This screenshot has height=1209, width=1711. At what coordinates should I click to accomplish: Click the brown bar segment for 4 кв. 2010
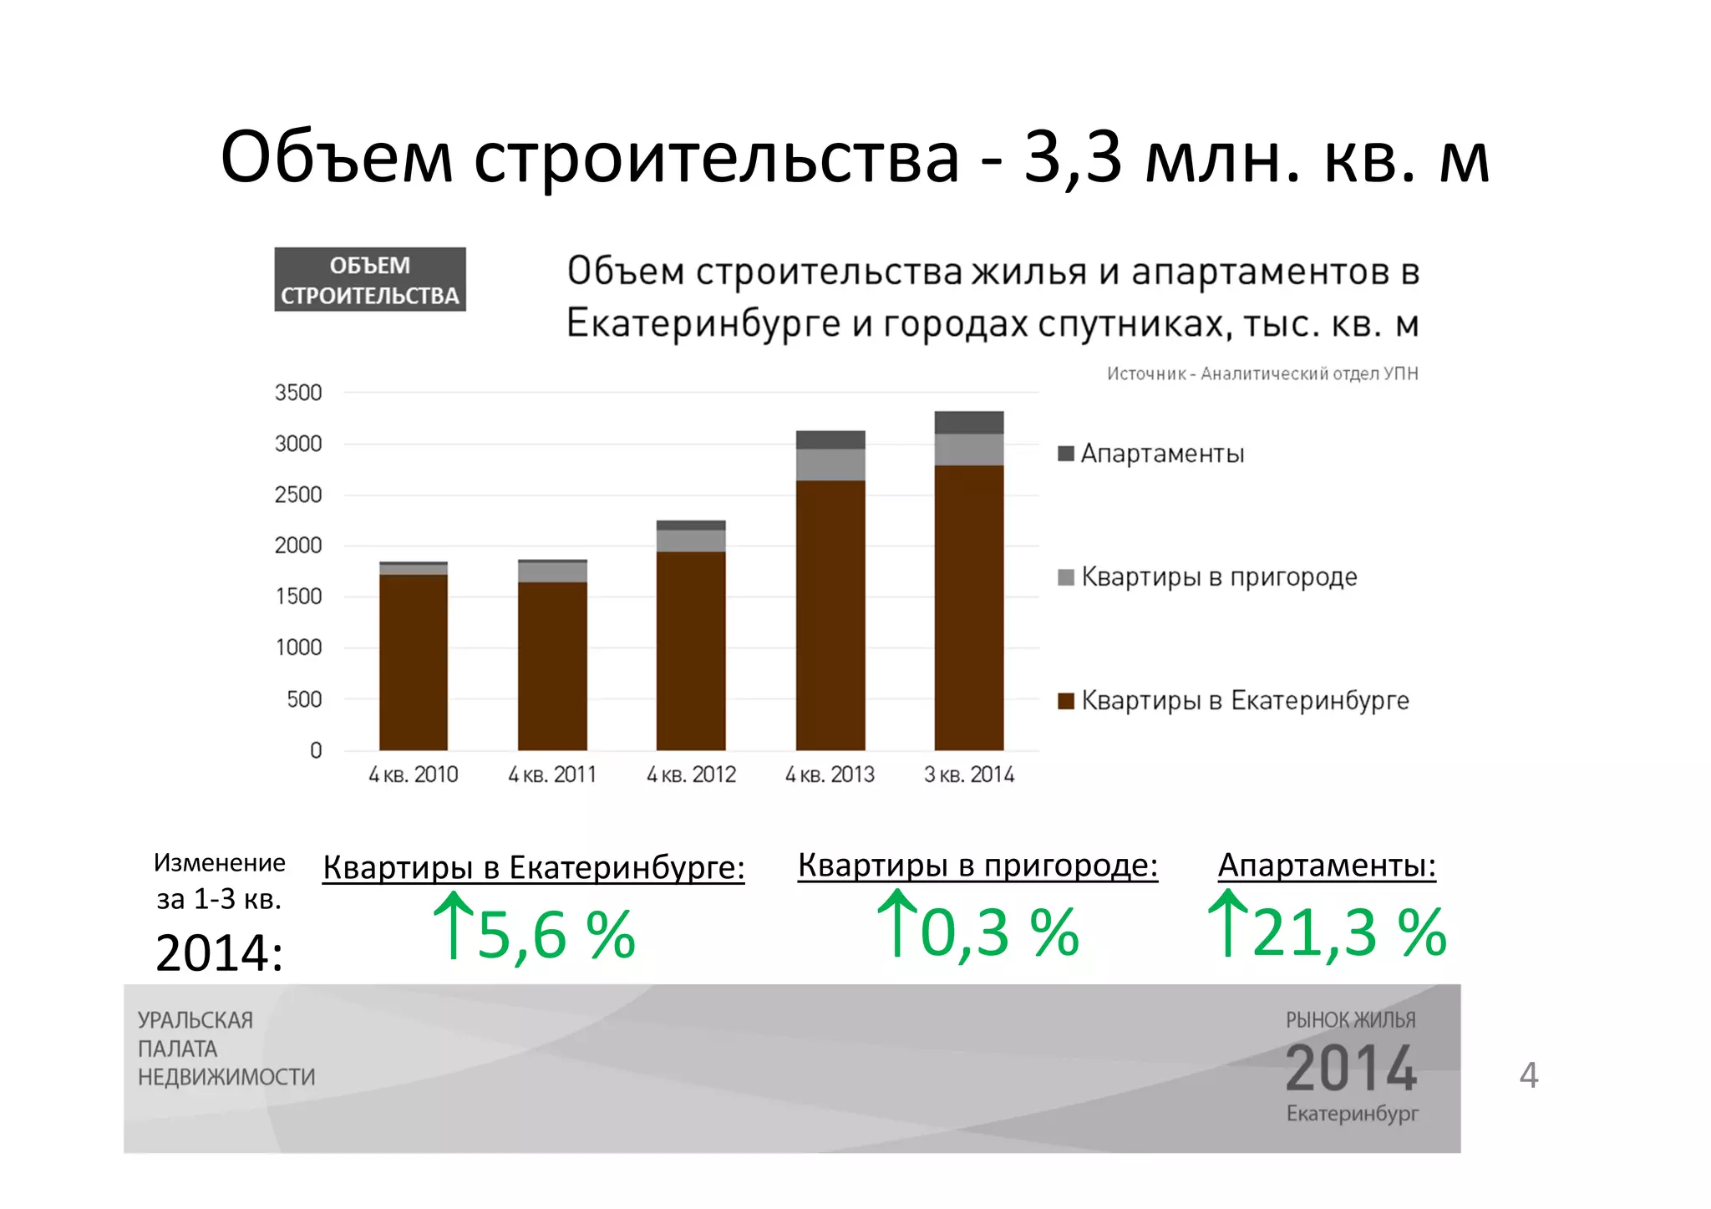tap(414, 662)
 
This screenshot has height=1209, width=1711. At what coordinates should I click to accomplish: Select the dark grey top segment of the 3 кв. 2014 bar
tap(969, 422)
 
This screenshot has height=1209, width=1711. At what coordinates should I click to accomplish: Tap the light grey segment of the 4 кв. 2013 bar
tap(830, 465)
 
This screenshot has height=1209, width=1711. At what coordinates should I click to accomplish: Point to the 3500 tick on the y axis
tap(298, 393)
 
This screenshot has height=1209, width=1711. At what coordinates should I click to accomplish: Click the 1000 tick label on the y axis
tap(298, 648)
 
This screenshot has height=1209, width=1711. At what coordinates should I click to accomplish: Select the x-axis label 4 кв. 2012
tap(691, 775)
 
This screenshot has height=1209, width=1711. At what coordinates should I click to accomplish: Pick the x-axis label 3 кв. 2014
tap(969, 775)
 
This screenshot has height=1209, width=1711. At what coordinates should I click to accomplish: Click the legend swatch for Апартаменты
tap(1066, 454)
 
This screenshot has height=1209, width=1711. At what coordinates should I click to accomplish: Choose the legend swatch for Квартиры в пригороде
tap(1066, 577)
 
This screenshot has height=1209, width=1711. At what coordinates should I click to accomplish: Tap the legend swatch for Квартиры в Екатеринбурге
tap(1066, 701)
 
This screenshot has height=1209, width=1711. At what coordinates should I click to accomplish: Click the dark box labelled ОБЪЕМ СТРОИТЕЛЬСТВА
tap(370, 280)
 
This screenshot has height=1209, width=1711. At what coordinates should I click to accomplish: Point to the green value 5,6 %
tap(556, 935)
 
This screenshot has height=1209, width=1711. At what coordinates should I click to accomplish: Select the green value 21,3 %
tap(1349, 932)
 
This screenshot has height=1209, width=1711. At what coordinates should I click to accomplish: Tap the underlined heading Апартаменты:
tap(1327, 866)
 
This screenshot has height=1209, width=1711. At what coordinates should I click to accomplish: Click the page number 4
tap(1529, 1075)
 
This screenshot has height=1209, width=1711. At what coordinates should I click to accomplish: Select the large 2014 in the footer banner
tap(1352, 1069)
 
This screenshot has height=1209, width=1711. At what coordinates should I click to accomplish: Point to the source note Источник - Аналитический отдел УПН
tap(1262, 373)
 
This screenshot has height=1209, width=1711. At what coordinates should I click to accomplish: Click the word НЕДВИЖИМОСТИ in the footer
tap(226, 1078)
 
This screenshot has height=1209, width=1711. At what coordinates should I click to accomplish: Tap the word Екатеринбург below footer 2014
tap(1353, 1114)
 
